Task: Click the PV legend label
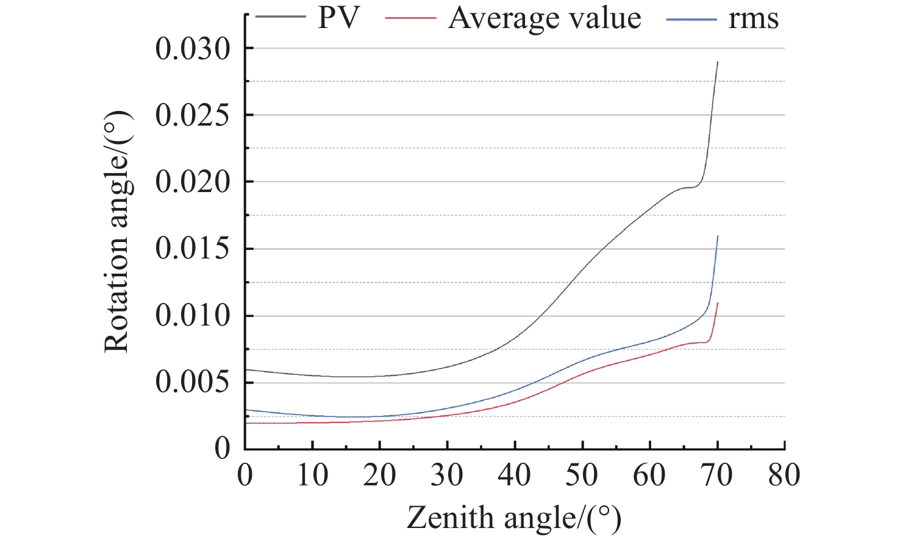(339, 18)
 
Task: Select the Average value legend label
(545, 18)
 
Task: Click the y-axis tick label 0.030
(193, 49)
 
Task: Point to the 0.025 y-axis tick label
(193, 115)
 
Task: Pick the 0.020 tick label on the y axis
(193, 182)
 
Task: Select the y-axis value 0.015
(193, 249)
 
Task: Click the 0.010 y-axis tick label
(193, 316)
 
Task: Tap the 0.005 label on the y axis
(193, 382)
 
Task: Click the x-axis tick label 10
(312, 475)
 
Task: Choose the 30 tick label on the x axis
(447, 475)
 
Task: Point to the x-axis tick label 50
(582, 475)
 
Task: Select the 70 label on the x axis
(716, 475)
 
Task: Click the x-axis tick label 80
(784, 475)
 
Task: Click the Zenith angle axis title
(514, 518)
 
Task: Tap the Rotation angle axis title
(116, 232)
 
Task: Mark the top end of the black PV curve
(718, 62)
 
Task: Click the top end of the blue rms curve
(718, 236)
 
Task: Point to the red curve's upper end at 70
(718, 303)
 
